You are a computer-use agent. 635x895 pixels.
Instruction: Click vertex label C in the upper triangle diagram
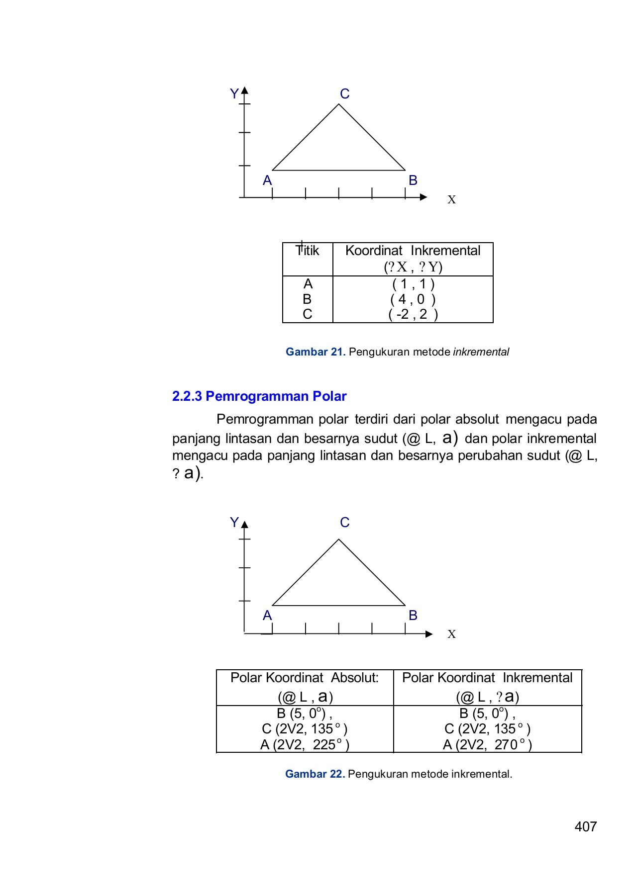tap(344, 94)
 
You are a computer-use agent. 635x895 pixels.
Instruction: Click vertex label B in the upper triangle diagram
tap(413, 180)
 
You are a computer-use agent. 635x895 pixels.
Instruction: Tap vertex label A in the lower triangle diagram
tap(267, 616)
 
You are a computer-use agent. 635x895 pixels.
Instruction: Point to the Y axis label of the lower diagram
tap(234, 523)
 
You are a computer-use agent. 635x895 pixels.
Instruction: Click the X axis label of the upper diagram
tap(451, 200)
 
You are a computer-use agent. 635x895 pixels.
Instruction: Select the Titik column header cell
tap(308, 251)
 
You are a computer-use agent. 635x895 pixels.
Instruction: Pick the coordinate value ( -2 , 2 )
tap(413, 315)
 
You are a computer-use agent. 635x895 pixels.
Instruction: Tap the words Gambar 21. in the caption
tap(315, 352)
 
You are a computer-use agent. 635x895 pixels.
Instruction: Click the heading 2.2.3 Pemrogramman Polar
tap(259, 396)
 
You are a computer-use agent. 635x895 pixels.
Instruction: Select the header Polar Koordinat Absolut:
tap(305, 678)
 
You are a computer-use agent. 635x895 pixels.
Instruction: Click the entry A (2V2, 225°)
tap(305, 745)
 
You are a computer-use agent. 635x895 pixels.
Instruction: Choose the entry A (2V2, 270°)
tap(487, 745)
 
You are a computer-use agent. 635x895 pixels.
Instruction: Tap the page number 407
tap(585, 826)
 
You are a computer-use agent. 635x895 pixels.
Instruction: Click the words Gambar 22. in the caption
tap(315, 774)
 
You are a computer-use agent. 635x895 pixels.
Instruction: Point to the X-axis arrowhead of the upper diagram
tap(423, 197)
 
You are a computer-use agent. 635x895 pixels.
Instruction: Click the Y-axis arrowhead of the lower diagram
tap(244, 524)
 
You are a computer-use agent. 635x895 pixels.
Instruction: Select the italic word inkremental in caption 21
tap(481, 352)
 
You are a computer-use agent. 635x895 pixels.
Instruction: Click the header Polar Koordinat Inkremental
tap(487, 678)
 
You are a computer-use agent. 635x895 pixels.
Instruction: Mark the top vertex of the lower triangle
tap(339, 539)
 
